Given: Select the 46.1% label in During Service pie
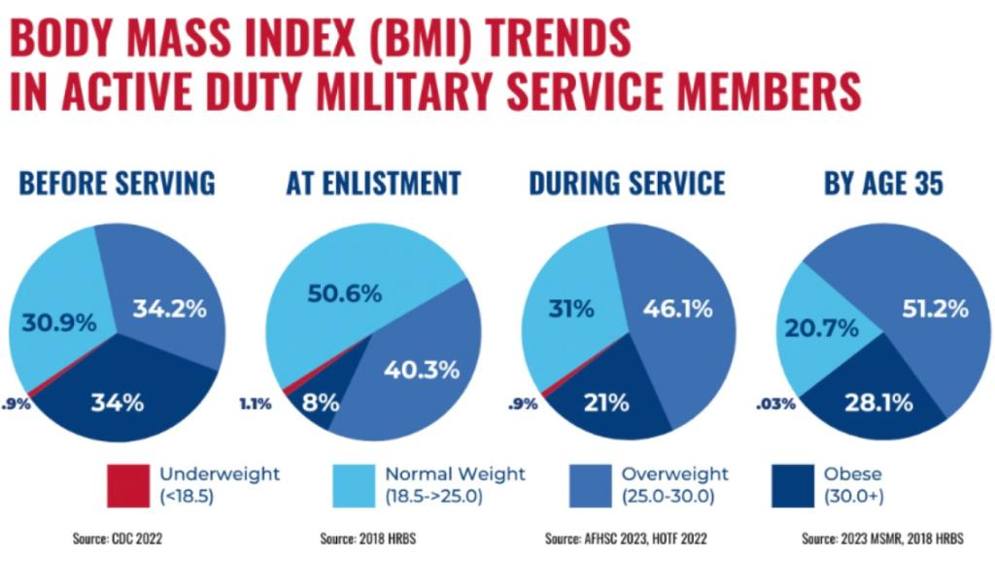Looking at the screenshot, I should pos(676,309).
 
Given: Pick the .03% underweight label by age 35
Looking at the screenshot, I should pos(777,403).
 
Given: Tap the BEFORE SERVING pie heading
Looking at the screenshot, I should pos(117,184).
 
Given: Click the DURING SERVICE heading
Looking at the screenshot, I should pos(627,184).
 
